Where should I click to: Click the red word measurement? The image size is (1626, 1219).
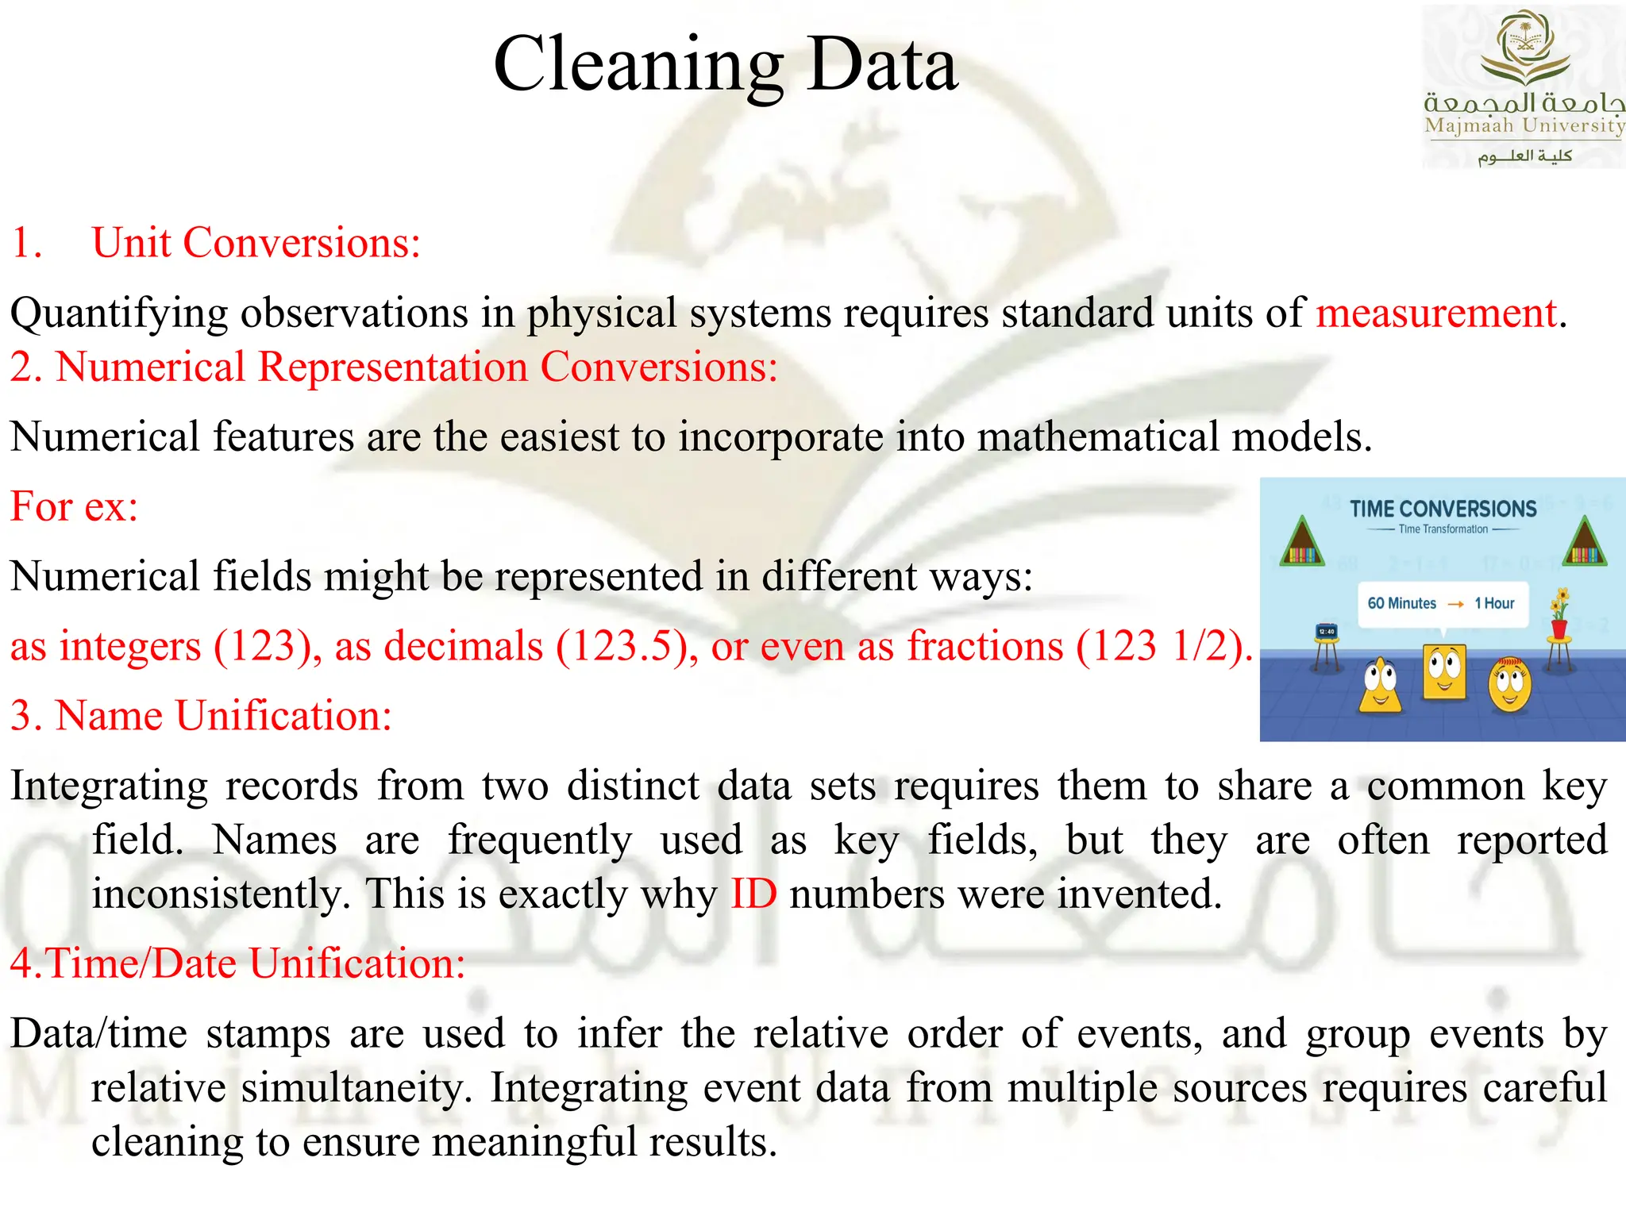click(x=1435, y=313)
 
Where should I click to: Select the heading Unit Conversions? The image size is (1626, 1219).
click(x=256, y=243)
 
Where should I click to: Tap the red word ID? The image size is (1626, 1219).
click(x=753, y=894)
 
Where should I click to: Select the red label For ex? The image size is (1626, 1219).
click(x=74, y=506)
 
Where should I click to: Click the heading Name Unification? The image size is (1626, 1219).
click(x=224, y=716)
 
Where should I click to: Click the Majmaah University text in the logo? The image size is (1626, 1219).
click(x=1524, y=125)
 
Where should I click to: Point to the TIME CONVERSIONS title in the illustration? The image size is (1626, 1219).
click(x=1443, y=509)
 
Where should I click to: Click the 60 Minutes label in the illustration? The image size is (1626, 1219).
click(x=1401, y=603)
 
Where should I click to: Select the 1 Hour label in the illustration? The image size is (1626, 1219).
click(x=1494, y=603)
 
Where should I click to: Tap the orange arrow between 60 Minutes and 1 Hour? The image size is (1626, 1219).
click(x=1455, y=604)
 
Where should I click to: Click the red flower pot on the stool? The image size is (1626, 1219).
click(x=1559, y=629)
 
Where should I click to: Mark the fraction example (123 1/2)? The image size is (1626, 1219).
click(x=1164, y=646)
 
